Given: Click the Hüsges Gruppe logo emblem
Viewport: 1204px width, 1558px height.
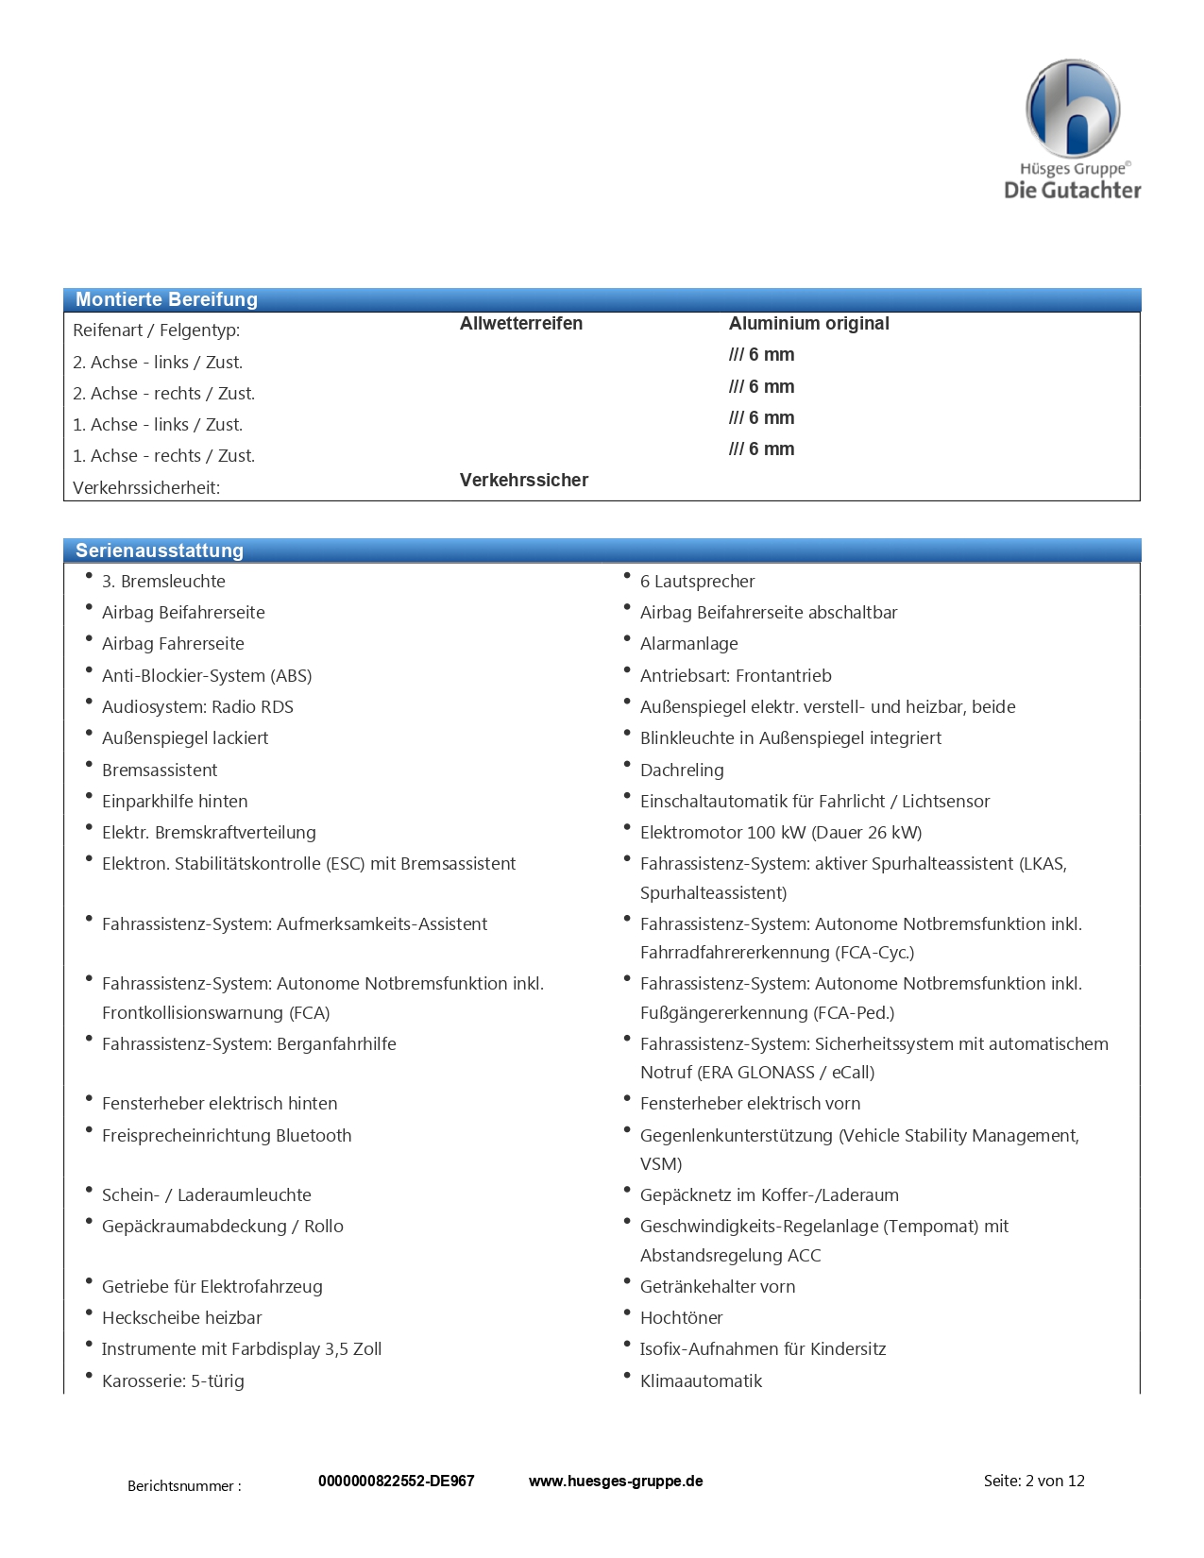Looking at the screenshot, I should pyautogui.click(x=1072, y=109).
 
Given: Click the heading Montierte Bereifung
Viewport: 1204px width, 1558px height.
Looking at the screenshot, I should pyautogui.click(x=166, y=299).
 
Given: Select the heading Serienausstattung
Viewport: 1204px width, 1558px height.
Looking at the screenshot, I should pyautogui.click(x=160, y=550).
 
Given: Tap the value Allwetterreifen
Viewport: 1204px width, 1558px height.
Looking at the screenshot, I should pyautogui.click(x=520, y=323).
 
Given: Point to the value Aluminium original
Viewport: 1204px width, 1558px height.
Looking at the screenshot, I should pyautogui.click(x=808, y=323).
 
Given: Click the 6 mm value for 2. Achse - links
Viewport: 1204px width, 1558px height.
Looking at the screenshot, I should pyautogui.click(x=761, y=355).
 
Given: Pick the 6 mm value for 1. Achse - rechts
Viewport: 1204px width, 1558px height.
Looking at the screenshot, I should pyautogui.click(x=761, y=449).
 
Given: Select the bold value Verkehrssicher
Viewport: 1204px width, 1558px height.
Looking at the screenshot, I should pyautogui.click(x=523, y=480).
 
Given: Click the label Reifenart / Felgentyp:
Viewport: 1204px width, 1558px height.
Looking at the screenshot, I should pyautogui.click(x=156, y=330).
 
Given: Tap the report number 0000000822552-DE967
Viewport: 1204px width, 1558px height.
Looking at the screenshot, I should pyautogui.click(x=396, y=1481).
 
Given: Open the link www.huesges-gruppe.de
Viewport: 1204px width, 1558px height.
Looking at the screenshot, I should pyautogui.click(x=615, y=1481).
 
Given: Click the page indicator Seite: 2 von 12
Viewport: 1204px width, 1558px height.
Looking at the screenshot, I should pyautogui.click(x=1033, y=1481).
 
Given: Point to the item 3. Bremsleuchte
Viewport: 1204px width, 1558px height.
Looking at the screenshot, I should pyautogui.click(x=163, y=582).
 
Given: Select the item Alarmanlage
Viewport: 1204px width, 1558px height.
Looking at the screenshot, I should pyautogui.click(x=688, y=644).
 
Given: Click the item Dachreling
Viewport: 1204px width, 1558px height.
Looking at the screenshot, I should pyautogui.click(x=682, y=771).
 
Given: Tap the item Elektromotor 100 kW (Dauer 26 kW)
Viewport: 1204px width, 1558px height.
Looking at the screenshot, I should pyautogui.click(x=780, y=833).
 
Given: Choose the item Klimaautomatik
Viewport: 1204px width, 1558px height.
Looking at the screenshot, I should pyautogui.click(x=701, y=1381).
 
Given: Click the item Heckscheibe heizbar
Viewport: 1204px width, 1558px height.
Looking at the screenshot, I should pyautogui.click(x=181, y=1318).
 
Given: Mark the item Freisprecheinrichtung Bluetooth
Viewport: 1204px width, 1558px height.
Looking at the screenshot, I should pyautogui.click(x=227, y=1136).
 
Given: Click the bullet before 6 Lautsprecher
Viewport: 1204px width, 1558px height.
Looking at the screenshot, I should pyautogui.click(x=626, y=576).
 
